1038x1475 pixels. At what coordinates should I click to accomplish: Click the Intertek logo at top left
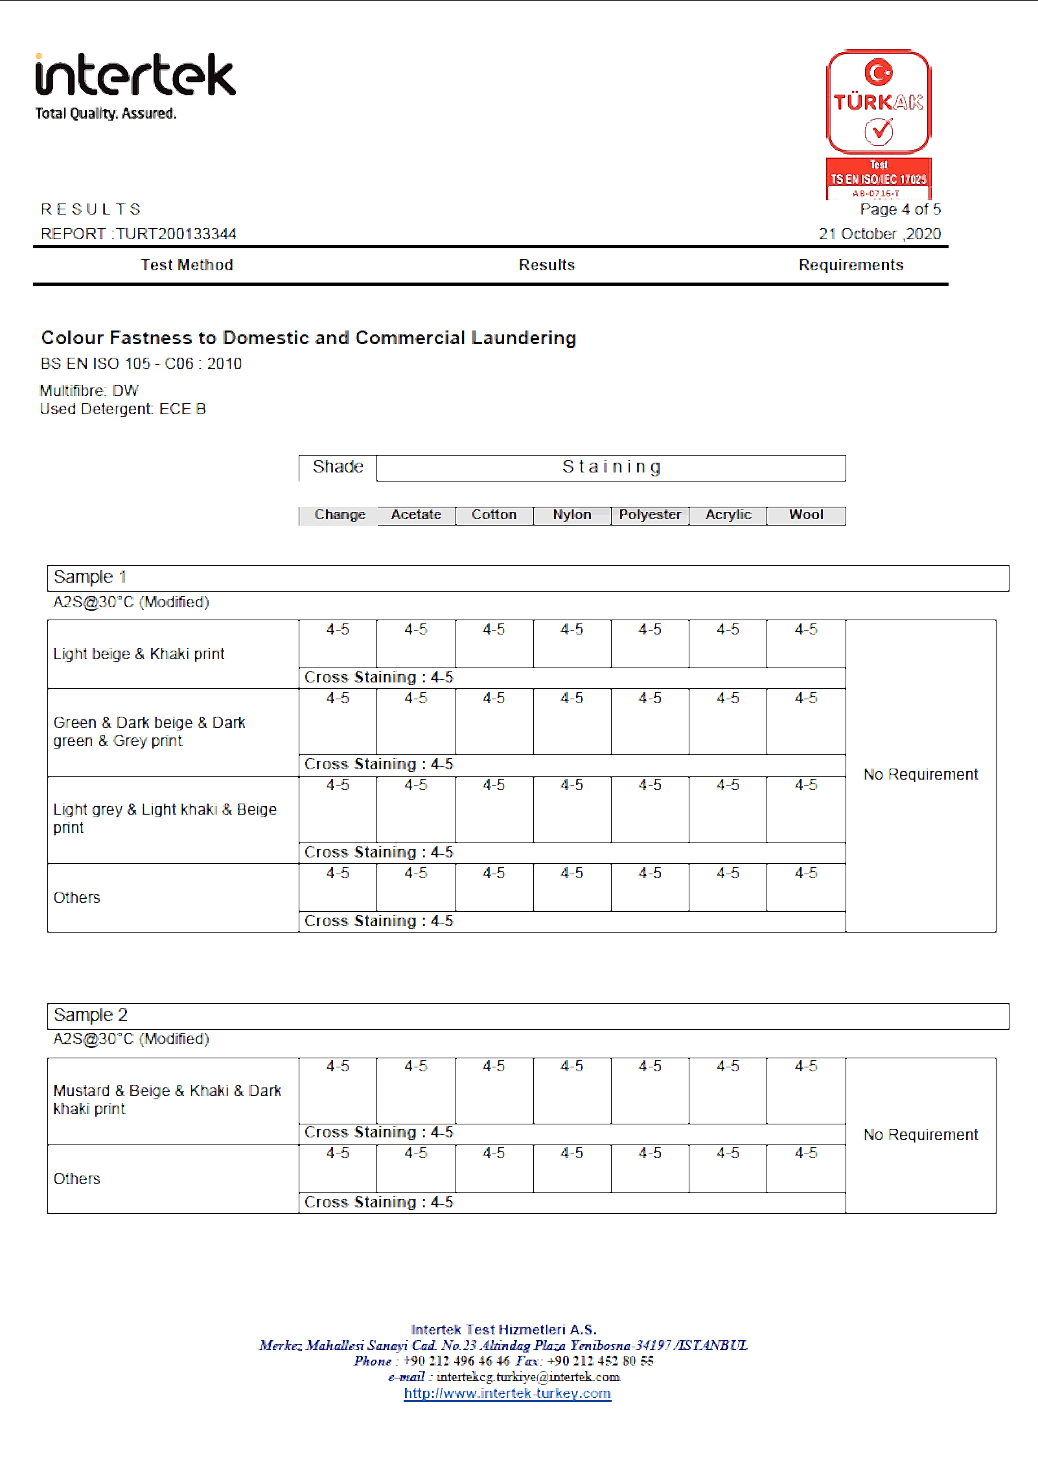[135, 86]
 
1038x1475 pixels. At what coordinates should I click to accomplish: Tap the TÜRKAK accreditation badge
[879, 124]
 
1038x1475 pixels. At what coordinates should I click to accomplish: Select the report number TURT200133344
[176, 234]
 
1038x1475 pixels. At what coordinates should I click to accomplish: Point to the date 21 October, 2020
[879, 234]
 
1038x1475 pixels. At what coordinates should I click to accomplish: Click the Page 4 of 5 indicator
[900, 209]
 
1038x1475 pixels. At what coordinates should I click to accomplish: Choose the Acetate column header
[416, 515]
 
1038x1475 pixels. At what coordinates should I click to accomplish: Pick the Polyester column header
[650, 515]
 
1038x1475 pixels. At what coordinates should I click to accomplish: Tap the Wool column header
[806, 515]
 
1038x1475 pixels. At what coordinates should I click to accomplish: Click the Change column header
[340, 515]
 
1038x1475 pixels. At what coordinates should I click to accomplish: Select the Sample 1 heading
[90, 577]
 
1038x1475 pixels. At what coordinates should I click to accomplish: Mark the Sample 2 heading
[91, 1015]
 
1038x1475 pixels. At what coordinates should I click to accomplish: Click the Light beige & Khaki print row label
[139, 654]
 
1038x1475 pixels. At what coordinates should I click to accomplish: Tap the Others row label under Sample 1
[76, 898]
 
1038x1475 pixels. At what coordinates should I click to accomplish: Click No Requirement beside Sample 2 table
[921, 1135]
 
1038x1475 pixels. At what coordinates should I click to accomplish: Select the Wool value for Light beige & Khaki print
[806, 629]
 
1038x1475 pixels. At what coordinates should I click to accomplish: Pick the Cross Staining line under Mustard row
[379, 1132]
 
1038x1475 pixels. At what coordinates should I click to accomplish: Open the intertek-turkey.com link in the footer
[507, 1393]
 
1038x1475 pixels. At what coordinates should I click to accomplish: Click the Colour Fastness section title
[308, 338]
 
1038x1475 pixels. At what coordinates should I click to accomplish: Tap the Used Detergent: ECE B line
[122, 409]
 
